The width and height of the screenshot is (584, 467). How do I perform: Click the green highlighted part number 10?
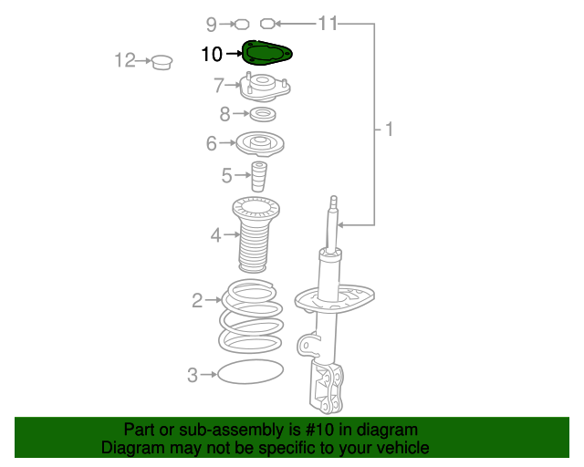(266, 53)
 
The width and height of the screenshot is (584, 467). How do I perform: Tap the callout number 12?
(125, 60)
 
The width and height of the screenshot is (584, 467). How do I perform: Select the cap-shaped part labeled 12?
(162, 62)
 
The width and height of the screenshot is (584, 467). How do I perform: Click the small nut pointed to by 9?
(242, 25)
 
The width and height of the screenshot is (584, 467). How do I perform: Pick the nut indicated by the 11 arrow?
(267, 25)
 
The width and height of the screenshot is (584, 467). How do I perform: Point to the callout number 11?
(328, 24)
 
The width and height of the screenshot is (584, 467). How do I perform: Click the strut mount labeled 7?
(265, 87)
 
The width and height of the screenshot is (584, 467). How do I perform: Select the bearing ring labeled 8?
(263, 114)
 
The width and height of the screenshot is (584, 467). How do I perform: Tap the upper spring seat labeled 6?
(260, 144)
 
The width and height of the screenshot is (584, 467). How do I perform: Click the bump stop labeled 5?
(259, 176)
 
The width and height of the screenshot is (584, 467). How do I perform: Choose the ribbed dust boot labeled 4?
(255, 234)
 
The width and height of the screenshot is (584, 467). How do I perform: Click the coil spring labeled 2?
(251, 316)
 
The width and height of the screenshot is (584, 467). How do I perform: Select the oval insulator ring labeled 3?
(250, 371)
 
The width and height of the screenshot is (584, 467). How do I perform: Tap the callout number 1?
(389, 130)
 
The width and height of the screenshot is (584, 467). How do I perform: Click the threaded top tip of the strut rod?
(333, 202)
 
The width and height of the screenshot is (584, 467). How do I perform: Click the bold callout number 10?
(212, 54)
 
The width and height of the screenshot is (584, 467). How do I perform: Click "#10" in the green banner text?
(319, 430)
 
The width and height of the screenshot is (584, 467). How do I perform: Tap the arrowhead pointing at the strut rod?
(340, 225)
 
